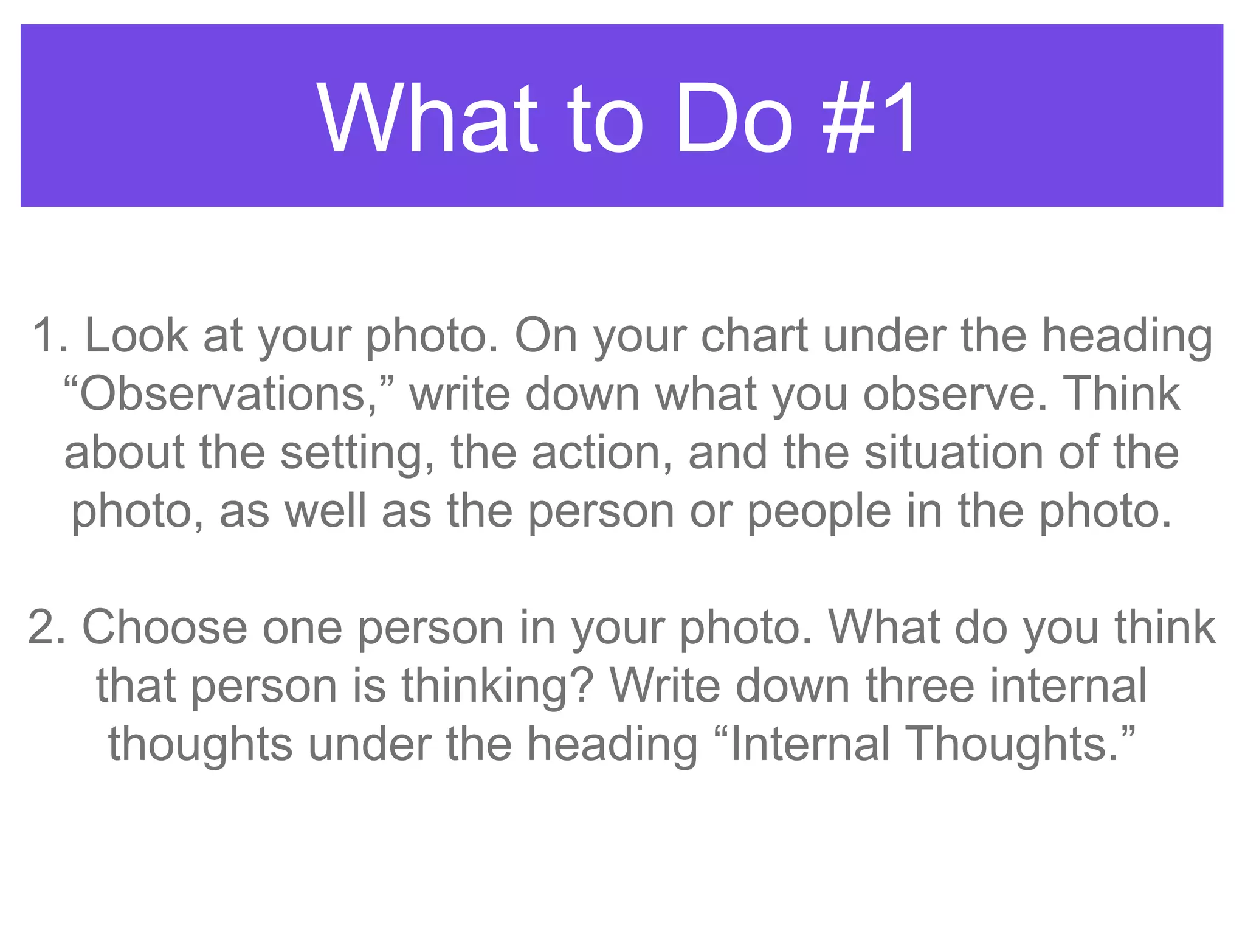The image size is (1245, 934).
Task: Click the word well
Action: [x=325, y=511]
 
